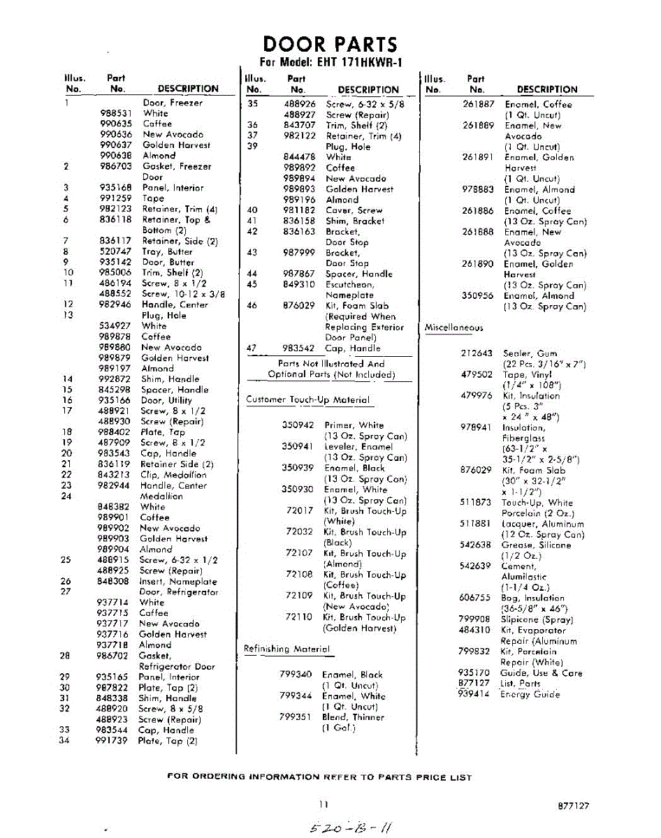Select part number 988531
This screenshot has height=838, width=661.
coord(115,113)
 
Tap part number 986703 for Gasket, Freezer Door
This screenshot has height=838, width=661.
coord(115,167)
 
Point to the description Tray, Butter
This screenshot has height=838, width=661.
coord(167,251)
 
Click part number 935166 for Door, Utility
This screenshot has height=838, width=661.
coord(115,401)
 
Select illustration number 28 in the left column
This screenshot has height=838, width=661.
coord(65,656)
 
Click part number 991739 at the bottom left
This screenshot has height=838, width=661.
coord(112,741)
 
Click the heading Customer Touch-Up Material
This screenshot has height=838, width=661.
coord(307,400)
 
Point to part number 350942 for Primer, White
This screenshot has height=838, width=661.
coord(298,425)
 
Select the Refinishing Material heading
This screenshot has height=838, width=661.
coord(286,649)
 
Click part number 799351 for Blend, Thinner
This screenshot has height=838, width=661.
coord(295,716)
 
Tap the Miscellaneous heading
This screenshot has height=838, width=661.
coord(453,328)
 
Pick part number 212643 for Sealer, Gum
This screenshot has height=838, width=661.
coord(477,353)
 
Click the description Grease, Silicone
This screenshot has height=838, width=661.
coord(536,545)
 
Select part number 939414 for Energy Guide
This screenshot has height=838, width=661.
coord(474,694)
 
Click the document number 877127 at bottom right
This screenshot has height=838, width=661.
coord(574,805)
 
